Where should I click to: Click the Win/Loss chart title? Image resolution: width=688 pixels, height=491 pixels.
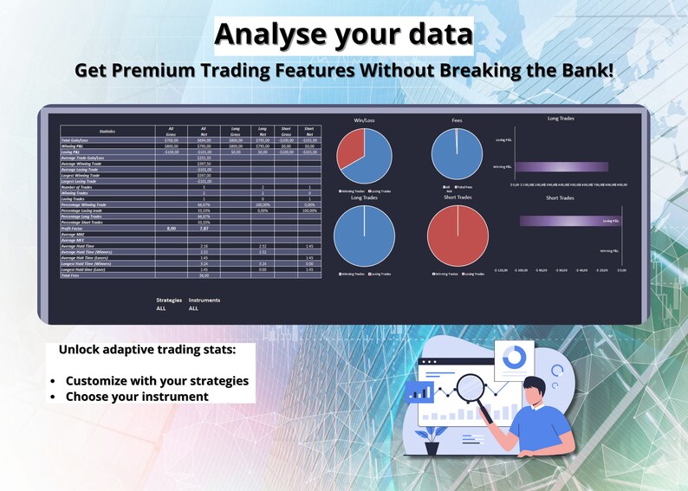coord(364,120)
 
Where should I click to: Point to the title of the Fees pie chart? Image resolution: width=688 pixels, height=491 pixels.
coord(457,120)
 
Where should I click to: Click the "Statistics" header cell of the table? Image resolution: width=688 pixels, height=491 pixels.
coord(107,131)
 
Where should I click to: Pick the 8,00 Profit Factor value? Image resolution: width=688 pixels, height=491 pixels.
coord(172,228)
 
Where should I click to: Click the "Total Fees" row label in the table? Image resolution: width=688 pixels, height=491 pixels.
coord(74,275)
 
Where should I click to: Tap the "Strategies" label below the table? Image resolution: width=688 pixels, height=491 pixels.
coord(168,300)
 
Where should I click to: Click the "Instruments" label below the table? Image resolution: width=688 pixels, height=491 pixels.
coord(204,300)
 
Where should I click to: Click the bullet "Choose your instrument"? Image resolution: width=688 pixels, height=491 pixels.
coord(137,397)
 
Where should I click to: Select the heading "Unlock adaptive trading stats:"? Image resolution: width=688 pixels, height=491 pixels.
coord(146,351)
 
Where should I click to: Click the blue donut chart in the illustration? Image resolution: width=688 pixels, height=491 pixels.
coord(515,357)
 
